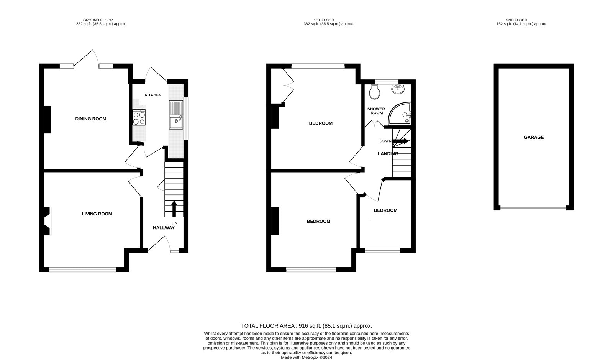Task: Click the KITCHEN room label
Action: tap(153, 95)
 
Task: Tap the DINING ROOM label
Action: tap(90, 119)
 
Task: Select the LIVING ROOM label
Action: tap(97, 214)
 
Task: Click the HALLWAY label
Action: tap(164, 228)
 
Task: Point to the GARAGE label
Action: tap(534, 137)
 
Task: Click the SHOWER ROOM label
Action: tap(376, 111)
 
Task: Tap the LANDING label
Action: tap(388, 154)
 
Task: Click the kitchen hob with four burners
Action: tap(139, 117)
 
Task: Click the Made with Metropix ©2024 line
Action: tap(306, 357)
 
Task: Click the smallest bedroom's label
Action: tap(385, 210)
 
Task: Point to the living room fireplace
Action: tap(47, 221)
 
